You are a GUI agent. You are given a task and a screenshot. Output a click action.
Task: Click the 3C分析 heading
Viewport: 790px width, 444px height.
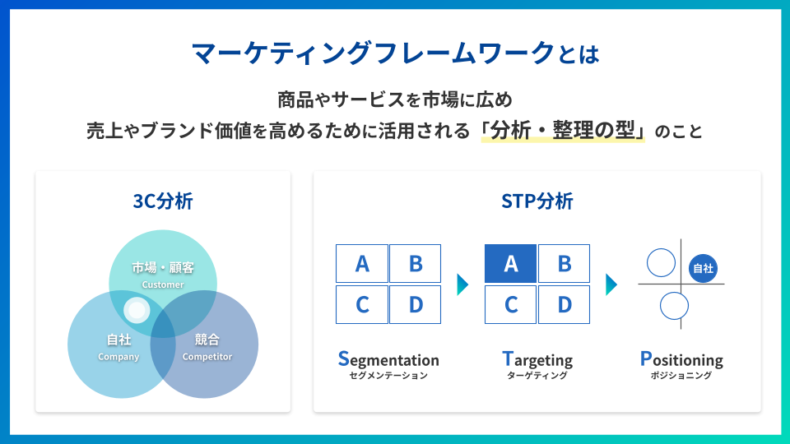click(x=163, y=201)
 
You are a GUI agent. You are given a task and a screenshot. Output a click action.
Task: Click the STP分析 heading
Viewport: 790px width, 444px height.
click(x=537, y=201)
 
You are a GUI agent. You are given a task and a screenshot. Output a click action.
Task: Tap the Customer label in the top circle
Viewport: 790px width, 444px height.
click(x=163, y=284)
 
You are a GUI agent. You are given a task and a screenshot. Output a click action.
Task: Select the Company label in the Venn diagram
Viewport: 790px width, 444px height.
click(x=118, y=357)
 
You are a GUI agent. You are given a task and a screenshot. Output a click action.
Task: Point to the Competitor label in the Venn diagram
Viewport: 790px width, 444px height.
click(x=207, y=357)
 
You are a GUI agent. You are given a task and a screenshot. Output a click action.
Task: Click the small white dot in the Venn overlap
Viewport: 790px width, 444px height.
click(x=137, y=310)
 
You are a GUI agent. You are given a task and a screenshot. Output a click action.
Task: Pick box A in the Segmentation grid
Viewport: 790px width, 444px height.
click(x=362, y=263)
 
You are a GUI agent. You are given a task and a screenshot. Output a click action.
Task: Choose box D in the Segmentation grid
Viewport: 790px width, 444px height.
click(x=416, y=304)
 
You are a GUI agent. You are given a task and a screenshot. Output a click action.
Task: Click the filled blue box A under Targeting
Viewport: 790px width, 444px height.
click(x=510, y=263)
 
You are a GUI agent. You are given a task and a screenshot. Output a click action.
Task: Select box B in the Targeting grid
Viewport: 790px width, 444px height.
click(x=565, y=263)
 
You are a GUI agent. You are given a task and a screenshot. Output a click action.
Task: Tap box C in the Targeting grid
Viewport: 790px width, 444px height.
click(x=510, y=304)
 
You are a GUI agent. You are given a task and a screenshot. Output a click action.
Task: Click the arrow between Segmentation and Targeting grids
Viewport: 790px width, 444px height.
click(x=462, y=284)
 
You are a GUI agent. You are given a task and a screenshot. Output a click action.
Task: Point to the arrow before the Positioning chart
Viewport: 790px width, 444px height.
click(x=611, y=284)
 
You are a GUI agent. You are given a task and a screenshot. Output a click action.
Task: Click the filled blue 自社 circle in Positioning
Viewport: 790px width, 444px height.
click(x=703, y=267)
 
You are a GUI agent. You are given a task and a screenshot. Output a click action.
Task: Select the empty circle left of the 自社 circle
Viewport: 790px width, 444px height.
click(x=661, y=263)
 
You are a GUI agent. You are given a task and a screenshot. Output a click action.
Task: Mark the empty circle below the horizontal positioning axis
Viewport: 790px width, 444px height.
click(x=674, y=306)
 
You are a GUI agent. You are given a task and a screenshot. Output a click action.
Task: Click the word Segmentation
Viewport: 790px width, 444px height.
click(x=388, y=359)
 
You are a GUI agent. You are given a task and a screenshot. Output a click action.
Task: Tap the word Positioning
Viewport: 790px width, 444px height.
click(x=681, y=359)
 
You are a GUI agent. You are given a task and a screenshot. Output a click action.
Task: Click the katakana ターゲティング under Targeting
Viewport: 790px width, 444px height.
click(x=537, y=376)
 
